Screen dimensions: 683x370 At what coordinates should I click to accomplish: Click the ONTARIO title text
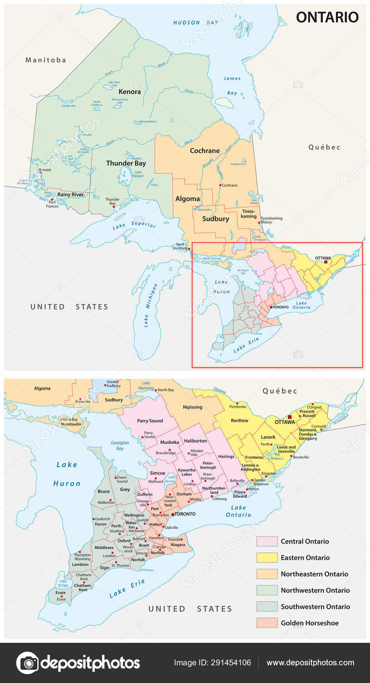click(x=327, y=17)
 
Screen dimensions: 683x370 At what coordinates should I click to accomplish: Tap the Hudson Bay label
click(x=196, y=23)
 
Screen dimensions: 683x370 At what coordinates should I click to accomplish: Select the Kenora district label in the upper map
click(x=129, y=92)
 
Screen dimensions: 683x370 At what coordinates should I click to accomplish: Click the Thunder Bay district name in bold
click(x=126, y=163)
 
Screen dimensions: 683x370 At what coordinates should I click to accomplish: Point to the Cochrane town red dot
click(x=220, y=185)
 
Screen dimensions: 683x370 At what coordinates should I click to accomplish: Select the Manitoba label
click(x=45, y=60)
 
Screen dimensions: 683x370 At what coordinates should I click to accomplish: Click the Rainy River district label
click(x=70, y=194)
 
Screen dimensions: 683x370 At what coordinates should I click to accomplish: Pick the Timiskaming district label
click(x=249, y=214)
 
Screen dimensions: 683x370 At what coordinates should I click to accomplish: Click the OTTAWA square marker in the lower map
click(x=290, y=417)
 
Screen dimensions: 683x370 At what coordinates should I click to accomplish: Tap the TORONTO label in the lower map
click(x=185, y=514)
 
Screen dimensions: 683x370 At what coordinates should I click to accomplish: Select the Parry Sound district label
click(x=150, y=421)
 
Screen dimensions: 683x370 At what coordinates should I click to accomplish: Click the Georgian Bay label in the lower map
click(x=120, y=446)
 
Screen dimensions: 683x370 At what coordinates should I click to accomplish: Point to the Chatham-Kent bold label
click(x=83, y=587)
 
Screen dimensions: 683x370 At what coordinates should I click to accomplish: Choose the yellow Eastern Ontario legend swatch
click(x=267, y=558)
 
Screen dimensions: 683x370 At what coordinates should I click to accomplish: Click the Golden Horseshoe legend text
click(x=309, y=623)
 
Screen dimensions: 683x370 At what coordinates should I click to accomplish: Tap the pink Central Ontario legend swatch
click(x=267, y=541)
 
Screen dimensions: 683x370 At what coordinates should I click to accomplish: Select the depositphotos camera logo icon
click(x=27, y=663)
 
